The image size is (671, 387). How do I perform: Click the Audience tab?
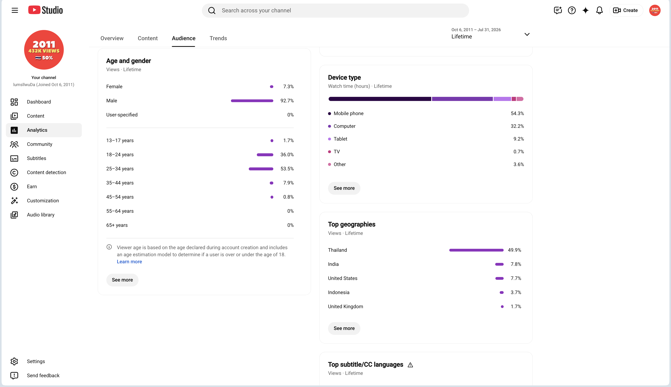183,38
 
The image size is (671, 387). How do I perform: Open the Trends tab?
218,38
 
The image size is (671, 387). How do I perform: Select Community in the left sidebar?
40,144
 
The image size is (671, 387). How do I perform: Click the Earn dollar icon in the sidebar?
14,187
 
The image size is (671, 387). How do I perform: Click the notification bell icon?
599,10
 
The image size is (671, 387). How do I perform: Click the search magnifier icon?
212,10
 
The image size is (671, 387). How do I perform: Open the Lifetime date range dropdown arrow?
527,34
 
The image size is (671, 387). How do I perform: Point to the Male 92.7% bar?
252,101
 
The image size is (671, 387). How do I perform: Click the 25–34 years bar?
261,169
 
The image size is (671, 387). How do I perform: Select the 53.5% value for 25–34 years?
287,169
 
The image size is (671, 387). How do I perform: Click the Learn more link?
129,262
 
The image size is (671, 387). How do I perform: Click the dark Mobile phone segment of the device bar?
380,99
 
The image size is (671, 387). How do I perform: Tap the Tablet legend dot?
330,139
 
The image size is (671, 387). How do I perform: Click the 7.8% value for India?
516,264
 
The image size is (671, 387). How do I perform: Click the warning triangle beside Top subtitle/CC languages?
410,365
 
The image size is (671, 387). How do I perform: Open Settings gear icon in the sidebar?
14,362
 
